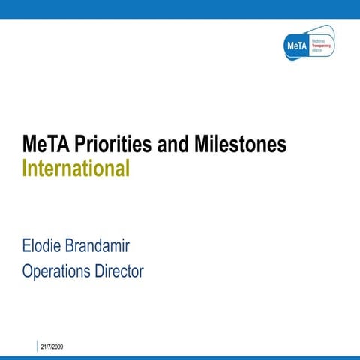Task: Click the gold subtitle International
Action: coord(76,168)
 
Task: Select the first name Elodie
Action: coord(44,245)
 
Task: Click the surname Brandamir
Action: coord(107,245)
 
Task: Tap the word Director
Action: coord(116,271)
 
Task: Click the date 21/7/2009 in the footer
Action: coord(52,346)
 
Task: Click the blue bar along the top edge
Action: coord(180,8)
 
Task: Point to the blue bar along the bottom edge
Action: coord(180,357)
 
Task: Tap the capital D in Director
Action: coord(94,271)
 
